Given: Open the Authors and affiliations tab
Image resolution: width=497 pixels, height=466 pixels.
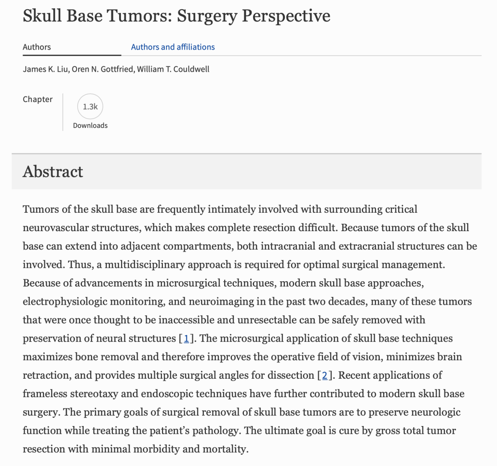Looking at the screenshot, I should (173, 47).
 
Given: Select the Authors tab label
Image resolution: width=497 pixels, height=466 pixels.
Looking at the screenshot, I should (37, 47).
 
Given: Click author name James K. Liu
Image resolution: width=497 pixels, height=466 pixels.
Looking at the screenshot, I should (45, 69).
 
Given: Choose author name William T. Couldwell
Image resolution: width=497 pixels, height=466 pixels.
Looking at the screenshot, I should (173, 69).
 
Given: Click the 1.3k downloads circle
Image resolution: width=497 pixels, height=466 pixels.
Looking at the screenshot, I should (90, 107).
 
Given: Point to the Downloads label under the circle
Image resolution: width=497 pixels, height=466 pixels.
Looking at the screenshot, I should (90, 125).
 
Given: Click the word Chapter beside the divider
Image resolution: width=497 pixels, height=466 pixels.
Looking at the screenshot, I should (38, 99).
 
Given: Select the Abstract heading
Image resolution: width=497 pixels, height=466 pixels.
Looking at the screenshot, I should (53, 171).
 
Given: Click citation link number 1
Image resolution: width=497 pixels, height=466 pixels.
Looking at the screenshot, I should (186, 339).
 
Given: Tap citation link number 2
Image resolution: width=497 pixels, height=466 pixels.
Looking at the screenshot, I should (324, 375).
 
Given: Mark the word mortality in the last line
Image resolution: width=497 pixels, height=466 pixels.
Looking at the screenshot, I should (224, 449).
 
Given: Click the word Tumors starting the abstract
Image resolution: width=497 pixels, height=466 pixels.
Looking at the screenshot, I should (41, 210).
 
